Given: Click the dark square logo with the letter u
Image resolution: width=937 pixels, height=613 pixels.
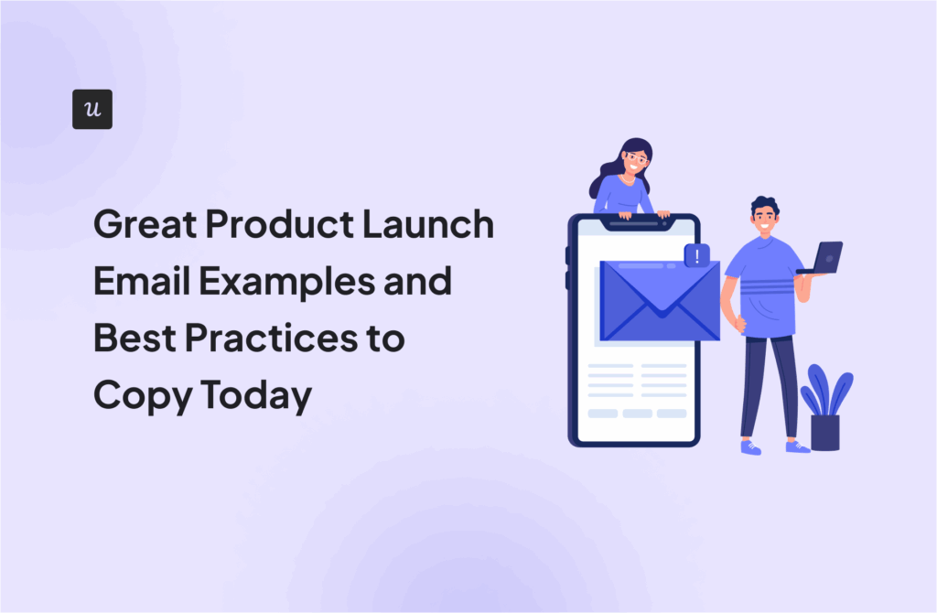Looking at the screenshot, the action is pyautogui.click(x=92, y=110).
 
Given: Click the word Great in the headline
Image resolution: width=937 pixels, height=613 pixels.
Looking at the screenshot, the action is pyautogui.click(x=145, y=224).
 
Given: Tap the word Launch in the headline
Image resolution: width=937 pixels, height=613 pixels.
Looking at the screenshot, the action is pyautogui.click(x=428, y=224).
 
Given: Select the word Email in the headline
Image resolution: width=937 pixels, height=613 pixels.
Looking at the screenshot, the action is pyautogui.click(x=142, y=281).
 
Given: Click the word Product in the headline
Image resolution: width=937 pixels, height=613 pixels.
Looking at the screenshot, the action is pyautogui.click(x=280, y=224).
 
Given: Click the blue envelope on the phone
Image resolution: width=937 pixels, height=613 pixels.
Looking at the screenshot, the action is pyautogui.click(x=660, y=300).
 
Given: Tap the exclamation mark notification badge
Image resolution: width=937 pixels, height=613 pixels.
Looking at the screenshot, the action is pyautogui.click(x=696, y=255).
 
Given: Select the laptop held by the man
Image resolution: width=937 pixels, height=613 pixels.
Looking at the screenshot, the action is pyautogui.click(x=821, y=259).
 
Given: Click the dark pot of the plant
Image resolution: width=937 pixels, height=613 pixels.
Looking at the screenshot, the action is pyautogui.click(x=825, y=433).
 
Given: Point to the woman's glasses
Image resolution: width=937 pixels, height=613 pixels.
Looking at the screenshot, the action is pyautogui.click(x=636, y=158).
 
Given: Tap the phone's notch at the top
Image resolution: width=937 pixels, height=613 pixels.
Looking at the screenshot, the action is pyautogui.click(x=637, y=224).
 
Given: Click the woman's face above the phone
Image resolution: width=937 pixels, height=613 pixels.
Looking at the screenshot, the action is pyautogui.click(x=635, y=160).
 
